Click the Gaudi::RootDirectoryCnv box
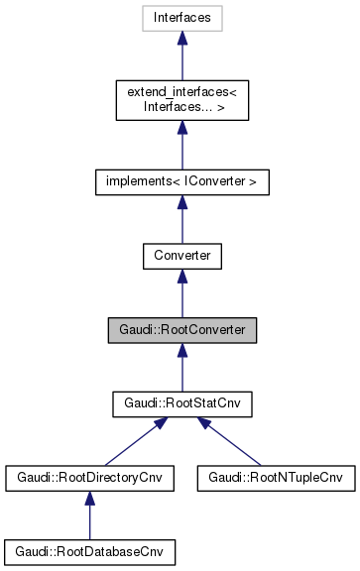90,478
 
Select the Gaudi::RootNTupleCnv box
275,478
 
